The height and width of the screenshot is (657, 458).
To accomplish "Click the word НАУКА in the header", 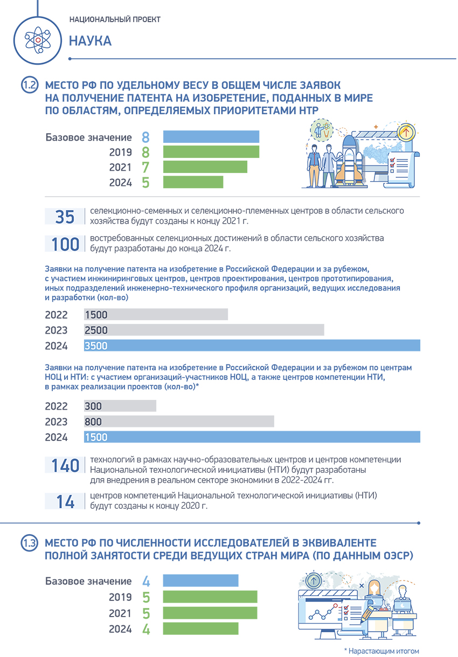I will click(90, 41).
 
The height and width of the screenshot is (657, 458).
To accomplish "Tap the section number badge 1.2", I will click(30, 85).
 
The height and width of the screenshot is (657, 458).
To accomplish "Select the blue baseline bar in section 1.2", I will click(211, 137).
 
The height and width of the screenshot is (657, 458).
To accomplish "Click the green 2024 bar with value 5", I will click(193, 182).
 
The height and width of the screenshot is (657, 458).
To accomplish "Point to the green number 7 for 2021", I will click(145, 167).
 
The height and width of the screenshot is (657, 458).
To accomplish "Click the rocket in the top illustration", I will click(346, 157).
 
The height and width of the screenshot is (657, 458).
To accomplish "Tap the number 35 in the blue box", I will click(65, 217).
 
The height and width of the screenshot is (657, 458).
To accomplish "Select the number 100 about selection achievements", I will click(65, 244).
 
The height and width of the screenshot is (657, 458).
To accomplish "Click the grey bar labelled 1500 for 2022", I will click(156, 315).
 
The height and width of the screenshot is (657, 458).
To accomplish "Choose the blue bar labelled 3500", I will click(252, 345).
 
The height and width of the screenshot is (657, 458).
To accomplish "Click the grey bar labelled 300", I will click(120, 406).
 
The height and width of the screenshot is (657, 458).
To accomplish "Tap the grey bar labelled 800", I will click(179, 421).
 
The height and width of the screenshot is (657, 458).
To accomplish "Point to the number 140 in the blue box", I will click(65, 466).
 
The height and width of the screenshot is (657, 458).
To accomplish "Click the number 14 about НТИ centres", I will click(65, 502).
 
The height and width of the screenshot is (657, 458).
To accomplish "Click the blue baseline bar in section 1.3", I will click(200, 581).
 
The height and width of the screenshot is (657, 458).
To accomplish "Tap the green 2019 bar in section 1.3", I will click(210, 597).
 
